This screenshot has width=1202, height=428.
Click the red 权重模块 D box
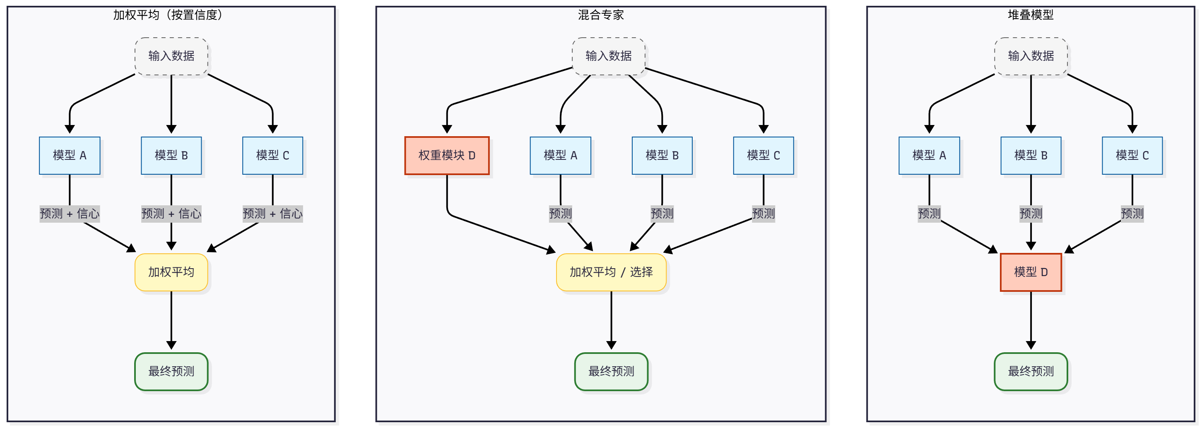click(x=446, y=155)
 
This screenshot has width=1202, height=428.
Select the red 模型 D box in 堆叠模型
click(x=1030, y=272)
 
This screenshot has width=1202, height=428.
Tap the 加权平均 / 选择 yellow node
click(x=611, y=272)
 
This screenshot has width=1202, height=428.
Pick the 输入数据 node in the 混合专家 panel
click(x=609, y=56)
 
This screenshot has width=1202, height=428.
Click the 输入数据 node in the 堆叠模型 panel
click(x=1030, y=56)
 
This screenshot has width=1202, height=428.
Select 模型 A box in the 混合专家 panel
click(x=560, y=155)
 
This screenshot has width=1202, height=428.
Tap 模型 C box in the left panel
click(x=272, y=155)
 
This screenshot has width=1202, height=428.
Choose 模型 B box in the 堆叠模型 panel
click(x=1030, y=155)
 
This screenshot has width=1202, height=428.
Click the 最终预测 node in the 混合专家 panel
click(x=611, y=371)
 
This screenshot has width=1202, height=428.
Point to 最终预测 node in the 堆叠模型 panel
click(x=1030, y=371)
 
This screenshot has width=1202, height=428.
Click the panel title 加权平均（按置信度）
click(x=168, y=15)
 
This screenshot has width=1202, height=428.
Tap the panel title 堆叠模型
click(x=1030, y=15)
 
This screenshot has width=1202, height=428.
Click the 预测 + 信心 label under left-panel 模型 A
click(x=70, y=214)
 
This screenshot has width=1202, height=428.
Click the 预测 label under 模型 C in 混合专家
click(x=763, y=214)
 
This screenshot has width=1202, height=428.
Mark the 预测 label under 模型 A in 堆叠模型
click(x=929, y=214)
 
